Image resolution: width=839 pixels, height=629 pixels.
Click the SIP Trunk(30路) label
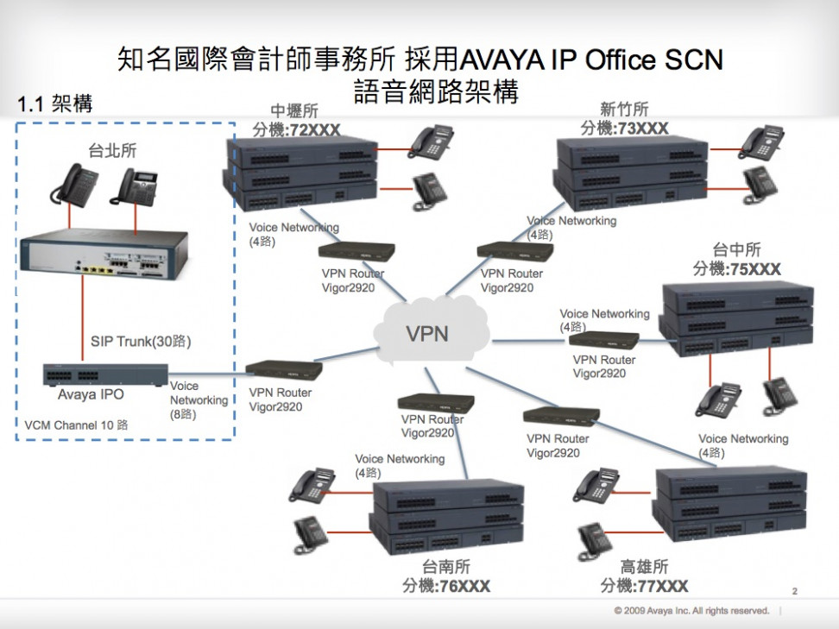[141, 342]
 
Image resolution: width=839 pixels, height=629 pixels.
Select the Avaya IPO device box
[105, 374]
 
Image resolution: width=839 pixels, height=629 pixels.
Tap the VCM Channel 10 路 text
[76, 425]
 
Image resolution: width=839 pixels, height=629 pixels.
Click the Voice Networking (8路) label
[198, 399]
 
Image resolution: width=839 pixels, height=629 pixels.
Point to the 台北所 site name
[112, 152]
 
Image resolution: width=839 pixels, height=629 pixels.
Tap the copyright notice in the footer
[691, 611]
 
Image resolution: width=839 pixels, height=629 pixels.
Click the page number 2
[794, 592]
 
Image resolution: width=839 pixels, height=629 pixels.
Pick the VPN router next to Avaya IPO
[284, 370]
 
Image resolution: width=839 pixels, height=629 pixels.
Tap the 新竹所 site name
[624, 110]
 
